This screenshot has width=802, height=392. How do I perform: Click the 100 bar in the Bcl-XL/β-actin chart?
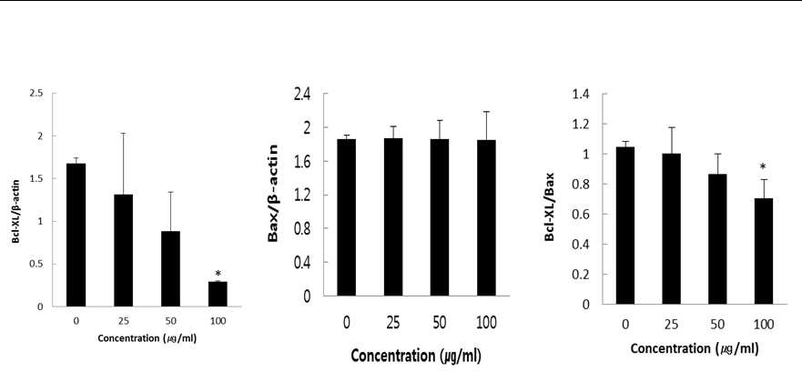tap(218, 294)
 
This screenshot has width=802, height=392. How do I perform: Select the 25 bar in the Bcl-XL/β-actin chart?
tap(123, 250)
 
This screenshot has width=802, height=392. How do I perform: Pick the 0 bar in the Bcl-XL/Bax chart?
tap(625, 226)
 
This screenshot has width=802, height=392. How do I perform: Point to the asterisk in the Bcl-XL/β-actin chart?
tap(218, 274)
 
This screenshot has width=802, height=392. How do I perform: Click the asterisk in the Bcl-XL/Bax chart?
tap(763, 166)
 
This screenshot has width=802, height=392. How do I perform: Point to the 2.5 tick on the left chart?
tap(36, 94)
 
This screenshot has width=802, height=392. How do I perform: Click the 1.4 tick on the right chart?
tap(582, 94)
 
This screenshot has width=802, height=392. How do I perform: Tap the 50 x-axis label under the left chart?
tap(170, 321)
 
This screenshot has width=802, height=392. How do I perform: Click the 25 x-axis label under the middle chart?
tap(393, 323)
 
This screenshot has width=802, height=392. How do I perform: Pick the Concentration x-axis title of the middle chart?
tap(416, 356)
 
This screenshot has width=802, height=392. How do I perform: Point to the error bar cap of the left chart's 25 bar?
tap(123, 134)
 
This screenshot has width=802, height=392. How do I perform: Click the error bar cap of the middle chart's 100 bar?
tap(486, 112)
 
